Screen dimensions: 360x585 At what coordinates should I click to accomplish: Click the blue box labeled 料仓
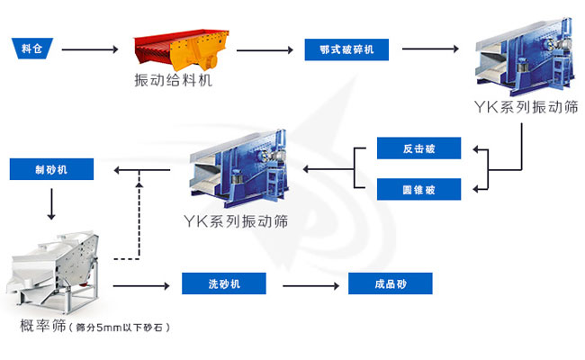point(31,48)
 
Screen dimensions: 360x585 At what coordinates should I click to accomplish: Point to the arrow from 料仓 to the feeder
point(90,49)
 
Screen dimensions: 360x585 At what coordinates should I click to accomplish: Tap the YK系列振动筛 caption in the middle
point(236,220)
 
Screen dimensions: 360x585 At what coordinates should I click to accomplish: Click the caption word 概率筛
point(42,326)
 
